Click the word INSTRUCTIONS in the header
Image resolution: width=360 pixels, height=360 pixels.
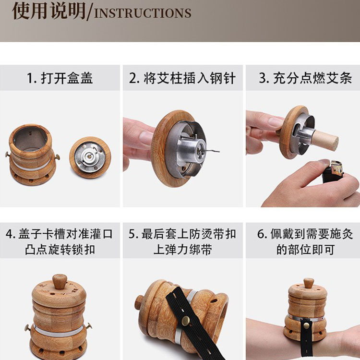(143, 13)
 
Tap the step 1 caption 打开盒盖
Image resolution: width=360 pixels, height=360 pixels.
(60, 78)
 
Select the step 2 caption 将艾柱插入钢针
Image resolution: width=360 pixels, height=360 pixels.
(182, 78)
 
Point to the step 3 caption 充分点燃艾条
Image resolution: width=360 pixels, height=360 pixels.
(305, 78)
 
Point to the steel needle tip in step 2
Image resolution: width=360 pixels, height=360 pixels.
(217, 151)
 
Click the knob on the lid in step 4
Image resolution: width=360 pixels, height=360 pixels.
(60, 281)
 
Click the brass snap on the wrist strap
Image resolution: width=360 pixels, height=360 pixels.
(307, 326)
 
